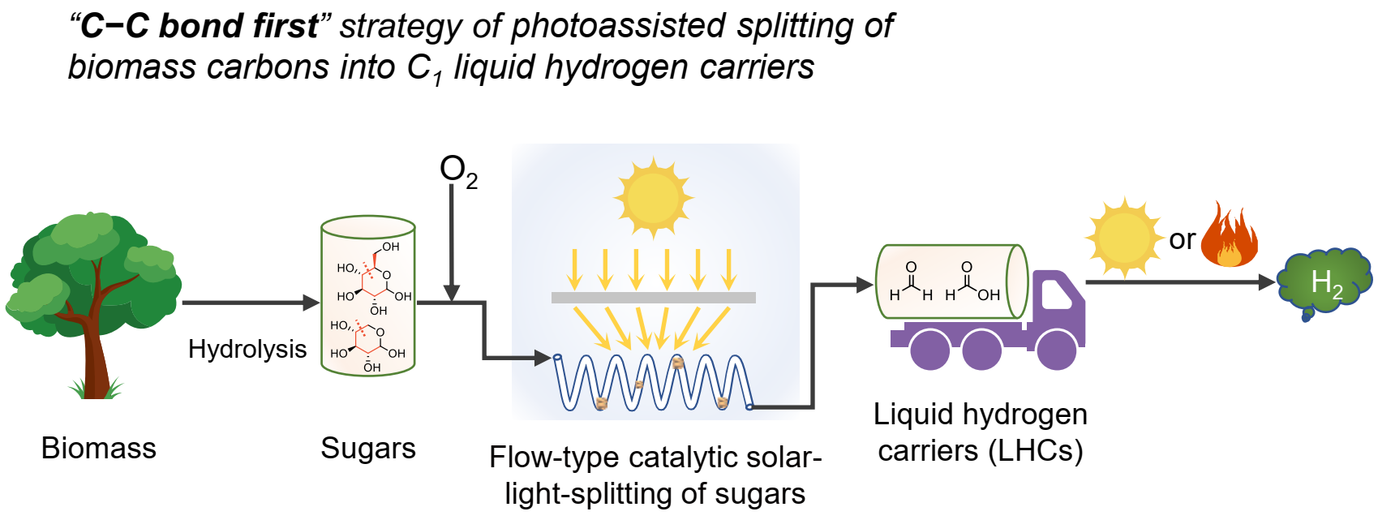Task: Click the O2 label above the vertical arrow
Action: (x=457, y=171)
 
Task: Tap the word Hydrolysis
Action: (x=247, y=349)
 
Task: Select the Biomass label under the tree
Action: (x=98, y=448)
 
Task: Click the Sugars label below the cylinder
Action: (x=368, y=448)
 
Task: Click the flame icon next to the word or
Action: (x=1229, y=236)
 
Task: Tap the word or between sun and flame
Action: (x=1182, y=239)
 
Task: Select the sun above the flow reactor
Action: (x=653, y=197)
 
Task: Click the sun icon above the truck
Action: (x=1123, y=238)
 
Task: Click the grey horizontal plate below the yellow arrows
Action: (x=653, y=298)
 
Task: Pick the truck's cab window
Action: (x=1055, y=294)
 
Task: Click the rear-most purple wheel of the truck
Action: (x=929, y=349)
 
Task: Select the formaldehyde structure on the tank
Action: (x=911, y=281)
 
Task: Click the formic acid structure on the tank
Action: (x=971, y=281)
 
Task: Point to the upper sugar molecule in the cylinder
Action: (x=374, y=276)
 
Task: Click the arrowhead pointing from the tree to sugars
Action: (x=311, y=303)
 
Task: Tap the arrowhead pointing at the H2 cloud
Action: (x=1266, y=282)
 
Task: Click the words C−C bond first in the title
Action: (x=200, y=26)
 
